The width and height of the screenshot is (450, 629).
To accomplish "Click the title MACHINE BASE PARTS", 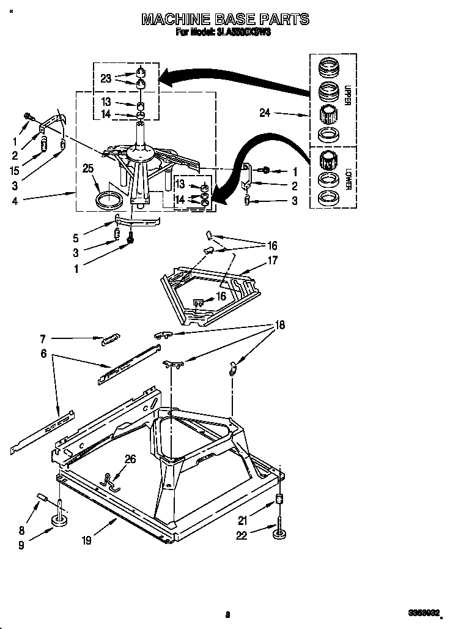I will [225, 20].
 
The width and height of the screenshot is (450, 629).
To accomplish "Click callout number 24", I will [264, 113].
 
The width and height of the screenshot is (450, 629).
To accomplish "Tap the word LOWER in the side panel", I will [347, 178].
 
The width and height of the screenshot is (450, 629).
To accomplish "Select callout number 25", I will [89, 169].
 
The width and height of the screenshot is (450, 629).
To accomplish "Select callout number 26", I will [130, 459].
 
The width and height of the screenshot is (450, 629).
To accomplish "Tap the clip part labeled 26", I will [112, 481].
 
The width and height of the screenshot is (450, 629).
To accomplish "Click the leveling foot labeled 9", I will [61, 519].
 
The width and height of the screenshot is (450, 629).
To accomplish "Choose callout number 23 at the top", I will [106, 78].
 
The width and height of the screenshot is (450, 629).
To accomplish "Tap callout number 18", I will [280, 326].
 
